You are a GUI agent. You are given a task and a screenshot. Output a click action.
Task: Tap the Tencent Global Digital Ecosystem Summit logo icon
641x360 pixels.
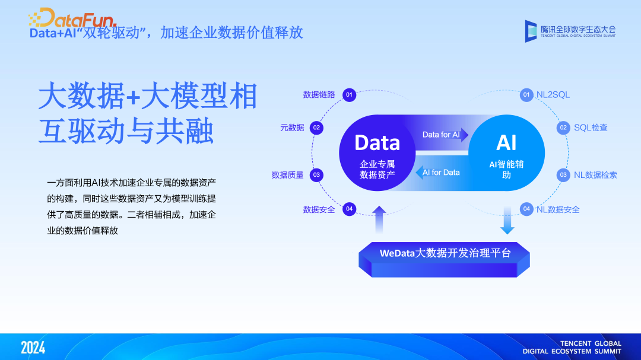pyautogui.click(x=531, y=31)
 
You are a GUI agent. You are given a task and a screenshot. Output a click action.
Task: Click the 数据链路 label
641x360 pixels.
pyautogui.click(x=319, y=95)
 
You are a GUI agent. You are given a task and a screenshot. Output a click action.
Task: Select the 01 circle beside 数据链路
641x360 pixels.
pyautogui.click(x=349, y=95)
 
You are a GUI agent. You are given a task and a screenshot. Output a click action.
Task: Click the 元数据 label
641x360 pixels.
pyautogui.click(x=292, y=128)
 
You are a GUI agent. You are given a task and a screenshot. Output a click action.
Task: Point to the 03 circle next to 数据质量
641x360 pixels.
pyautogui.click(x=317, y=175)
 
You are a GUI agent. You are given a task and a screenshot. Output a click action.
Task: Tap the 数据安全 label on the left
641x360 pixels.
pyautogui.click(x=319, y=209)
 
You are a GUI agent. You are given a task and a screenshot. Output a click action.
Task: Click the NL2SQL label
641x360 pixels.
pyautogui.click(x=553, y=95)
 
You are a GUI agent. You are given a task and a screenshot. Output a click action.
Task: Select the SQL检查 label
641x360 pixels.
pyautogui.click(x=590, y=128)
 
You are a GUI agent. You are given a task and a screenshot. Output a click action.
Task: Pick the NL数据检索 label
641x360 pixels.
pyautogui.click(x=595, y=175)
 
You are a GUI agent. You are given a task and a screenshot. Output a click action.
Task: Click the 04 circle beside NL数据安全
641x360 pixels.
pyautogui.click(x=526, y=209)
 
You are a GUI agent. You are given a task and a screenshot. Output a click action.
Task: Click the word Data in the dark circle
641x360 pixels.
pyautogui.click(x=377, y=143)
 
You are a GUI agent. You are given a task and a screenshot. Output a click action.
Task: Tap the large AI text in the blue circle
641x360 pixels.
pyautogui.click(x=506, y=143)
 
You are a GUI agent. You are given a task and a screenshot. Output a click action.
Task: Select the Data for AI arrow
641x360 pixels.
pyautogui.click(x=444, y=135)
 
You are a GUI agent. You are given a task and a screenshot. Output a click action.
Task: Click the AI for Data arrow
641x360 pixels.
pyautogui.click(x=439, y=173)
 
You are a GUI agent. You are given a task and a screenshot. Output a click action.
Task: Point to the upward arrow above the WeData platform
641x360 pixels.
pyautogui.click(x=379, y=219)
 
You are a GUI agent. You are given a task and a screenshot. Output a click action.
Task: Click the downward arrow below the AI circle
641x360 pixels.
pyautogui.click(x=507, y=220)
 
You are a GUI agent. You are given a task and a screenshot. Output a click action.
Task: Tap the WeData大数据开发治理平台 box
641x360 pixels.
pyautogui.click(x=445, y=254)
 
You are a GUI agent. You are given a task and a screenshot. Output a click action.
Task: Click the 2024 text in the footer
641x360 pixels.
pyautogui.click(x=33, y=348)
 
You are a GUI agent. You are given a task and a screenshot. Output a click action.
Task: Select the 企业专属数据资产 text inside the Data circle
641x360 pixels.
pyautogui.click(x=377, y=169)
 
